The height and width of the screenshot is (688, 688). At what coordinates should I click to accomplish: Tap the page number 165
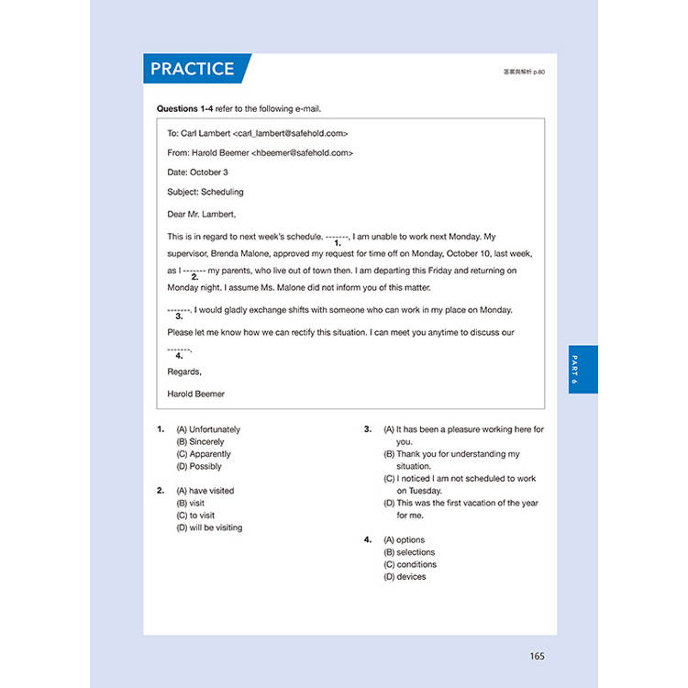tap(537, 655)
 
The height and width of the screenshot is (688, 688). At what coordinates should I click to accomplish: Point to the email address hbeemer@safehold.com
tap(305, 153)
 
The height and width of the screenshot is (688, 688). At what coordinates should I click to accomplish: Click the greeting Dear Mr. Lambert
tap(201, 214)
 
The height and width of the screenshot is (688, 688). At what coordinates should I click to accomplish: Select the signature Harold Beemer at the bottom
tap(195, 394)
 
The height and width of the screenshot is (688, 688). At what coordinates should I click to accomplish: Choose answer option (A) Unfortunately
tap(208, 429)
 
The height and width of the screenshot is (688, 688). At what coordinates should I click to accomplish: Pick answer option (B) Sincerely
tap(200, 442)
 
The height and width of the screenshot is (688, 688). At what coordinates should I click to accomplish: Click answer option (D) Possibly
tap(199, 466)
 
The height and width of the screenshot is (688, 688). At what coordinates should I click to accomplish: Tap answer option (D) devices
tap(405, 577)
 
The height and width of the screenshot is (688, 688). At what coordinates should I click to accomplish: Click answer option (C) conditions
tap(409, 564)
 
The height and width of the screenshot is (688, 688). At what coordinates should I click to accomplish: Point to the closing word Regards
tap(183, 372)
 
